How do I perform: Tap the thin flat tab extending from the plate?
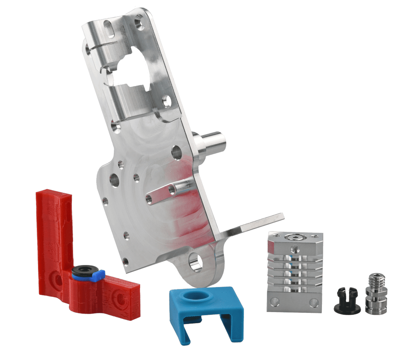coord(256,224)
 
